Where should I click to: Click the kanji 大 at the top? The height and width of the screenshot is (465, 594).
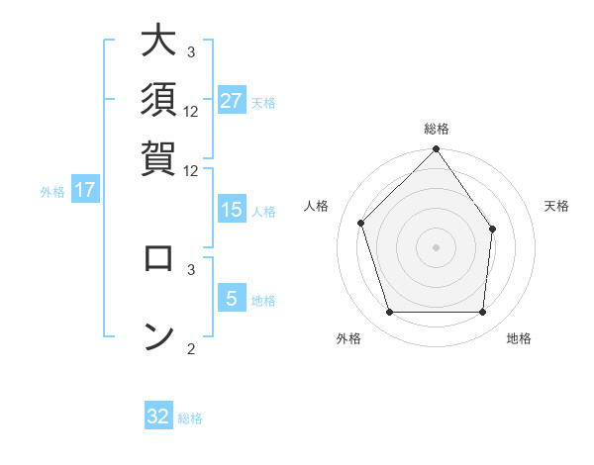(158, 43)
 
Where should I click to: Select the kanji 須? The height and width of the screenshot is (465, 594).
(158, 99)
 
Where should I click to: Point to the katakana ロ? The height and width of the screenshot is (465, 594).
(158, 258)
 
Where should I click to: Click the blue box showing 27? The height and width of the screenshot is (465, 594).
(232, 101)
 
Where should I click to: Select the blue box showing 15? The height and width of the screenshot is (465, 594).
(232, 210)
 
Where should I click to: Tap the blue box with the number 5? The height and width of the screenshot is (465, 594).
(232, 300)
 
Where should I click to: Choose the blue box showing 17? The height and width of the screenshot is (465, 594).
(85, 190)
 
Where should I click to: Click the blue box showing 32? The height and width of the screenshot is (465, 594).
(158, 417)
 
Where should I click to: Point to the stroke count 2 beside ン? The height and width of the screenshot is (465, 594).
(191, 348)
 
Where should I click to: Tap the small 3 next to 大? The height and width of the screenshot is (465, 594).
(191, 51)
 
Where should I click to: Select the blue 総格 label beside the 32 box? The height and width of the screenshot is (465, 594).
(190, 418)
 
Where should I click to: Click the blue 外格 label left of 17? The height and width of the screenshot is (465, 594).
(52, 192)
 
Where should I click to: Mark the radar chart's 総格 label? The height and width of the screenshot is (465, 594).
(436, 129)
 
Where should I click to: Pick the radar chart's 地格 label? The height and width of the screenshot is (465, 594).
(519, 339)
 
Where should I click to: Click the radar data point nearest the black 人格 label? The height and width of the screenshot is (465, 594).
(361, 223)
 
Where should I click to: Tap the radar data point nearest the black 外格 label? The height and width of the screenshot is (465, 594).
(389, 313)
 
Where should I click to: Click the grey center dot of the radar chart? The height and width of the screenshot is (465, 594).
(436, 246)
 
